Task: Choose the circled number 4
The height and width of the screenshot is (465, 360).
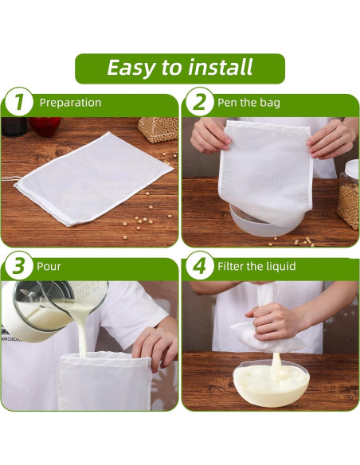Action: tap(199, 267)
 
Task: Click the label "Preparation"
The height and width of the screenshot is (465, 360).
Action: tap(70, 103)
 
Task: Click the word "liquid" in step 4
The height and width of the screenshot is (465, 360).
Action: tap(279, 266)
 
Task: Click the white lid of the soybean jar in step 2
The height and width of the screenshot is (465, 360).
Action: tap(350, 169)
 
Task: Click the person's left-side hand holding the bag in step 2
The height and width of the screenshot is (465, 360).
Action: tap(209, 135)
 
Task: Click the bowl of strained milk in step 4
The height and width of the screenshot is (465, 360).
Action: tap(271, 386)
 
